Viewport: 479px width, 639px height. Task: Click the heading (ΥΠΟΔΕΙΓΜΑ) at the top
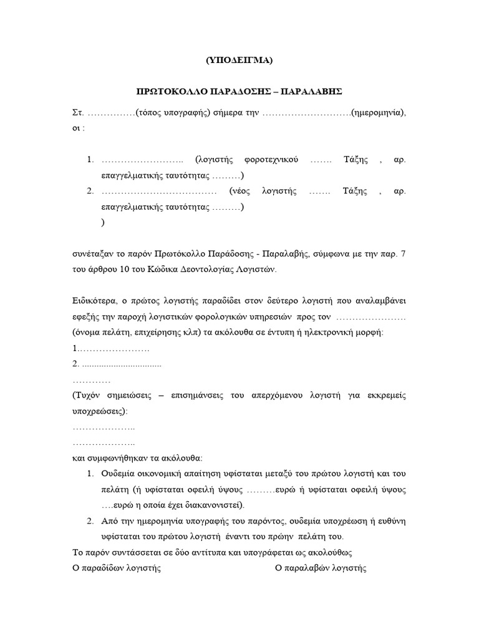coord(239,61)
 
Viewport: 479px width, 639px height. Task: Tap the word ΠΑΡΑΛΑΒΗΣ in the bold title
coord(312,91)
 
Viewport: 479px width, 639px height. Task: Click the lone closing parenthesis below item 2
coord(102,222)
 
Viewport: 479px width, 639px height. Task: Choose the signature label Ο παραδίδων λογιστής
coord(117,568)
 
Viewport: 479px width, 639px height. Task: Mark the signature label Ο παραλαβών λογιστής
coord(321,568)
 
